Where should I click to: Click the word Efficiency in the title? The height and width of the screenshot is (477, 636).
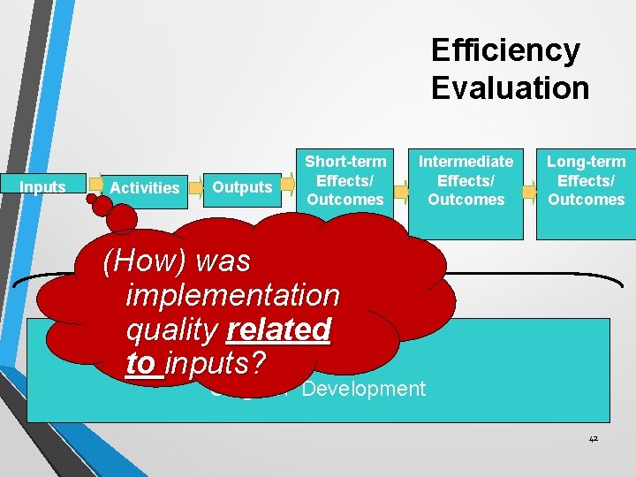(505, 50)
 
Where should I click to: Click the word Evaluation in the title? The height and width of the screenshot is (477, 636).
(510, 87)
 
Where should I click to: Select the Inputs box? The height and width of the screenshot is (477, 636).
(42, 187)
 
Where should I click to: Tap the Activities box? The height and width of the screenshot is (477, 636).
(145, 187)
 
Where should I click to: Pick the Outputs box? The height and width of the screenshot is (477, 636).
(242, 187)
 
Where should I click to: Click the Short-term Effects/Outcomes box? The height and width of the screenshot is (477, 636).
(345, 180)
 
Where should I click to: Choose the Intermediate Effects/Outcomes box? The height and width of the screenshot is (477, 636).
(465, 180)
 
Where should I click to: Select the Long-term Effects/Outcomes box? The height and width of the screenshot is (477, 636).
(586, 180)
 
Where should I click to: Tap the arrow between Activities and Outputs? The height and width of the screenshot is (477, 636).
(197, 187)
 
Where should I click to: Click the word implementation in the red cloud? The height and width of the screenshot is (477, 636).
(233, 295)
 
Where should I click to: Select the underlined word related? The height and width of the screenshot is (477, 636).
(278, 329)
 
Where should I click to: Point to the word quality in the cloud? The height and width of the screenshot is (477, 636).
(172, 329)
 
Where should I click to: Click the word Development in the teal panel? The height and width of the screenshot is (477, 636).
(363, 389)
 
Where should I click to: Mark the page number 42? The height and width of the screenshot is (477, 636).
(592, 439)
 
